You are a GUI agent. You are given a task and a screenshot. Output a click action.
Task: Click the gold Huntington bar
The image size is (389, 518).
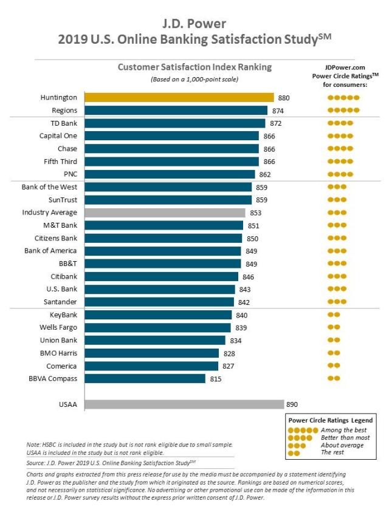point(179,97)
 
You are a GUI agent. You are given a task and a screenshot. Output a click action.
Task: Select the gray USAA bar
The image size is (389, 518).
point(184,404)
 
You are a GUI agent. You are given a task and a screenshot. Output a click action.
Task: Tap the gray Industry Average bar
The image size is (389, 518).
point(165,213)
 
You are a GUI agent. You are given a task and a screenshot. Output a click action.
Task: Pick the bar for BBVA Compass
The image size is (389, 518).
point(145,378)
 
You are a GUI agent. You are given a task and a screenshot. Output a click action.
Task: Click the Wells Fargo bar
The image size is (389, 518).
point(158,327)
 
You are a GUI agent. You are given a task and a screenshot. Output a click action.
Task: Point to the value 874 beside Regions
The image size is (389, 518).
point(278,111)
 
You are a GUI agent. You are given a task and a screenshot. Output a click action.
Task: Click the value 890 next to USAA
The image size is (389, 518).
point(292,404)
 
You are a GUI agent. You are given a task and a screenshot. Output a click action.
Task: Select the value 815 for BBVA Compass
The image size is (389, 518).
point(216,379)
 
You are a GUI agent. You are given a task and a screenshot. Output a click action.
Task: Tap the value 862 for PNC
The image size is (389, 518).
point(265,174)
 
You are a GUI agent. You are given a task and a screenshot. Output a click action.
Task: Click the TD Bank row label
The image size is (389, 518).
point(64,123)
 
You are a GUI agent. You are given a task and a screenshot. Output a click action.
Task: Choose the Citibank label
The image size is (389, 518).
point(64,276)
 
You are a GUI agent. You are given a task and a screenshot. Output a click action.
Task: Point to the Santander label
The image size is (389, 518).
point(60,302)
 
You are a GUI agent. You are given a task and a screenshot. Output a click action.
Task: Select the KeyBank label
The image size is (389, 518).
point(63,315)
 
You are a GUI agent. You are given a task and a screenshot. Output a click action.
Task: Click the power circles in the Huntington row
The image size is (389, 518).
point(343,97)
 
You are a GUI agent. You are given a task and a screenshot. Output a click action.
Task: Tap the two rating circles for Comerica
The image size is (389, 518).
point(334,366)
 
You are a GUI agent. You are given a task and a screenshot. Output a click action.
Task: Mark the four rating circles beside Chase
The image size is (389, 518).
point(340,149)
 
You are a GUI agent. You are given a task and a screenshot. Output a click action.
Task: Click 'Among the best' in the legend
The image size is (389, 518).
point(343,430)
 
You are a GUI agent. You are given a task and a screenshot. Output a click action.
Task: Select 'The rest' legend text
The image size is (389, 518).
point(332,452)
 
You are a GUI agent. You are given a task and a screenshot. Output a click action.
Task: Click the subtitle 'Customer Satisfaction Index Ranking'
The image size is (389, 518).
point(195,67)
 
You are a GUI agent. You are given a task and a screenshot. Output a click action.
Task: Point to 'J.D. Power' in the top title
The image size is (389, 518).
point(194,24)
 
